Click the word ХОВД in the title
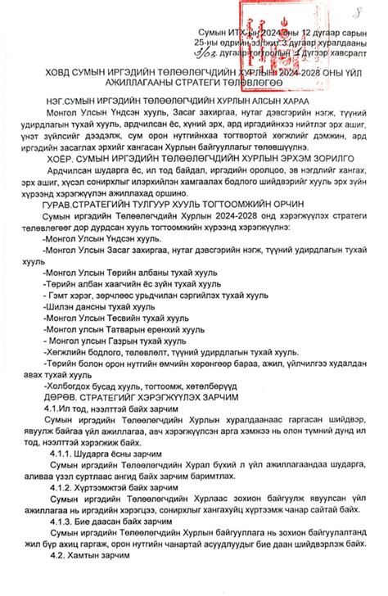click(x=47, y=74)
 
